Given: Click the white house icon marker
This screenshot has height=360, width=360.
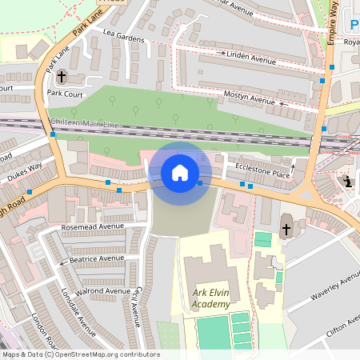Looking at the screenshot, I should click(x=180, y=172).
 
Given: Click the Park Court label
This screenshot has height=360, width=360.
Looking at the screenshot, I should click(x=66, y=93).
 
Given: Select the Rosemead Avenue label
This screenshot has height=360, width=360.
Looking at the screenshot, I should click(x=94, y=227).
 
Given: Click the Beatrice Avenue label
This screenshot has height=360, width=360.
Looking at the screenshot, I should click(x=97, y=258).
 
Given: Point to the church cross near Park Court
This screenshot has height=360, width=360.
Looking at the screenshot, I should click(x=62, y=77).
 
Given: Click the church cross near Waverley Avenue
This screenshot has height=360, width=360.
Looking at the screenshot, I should click(x=286, y=230).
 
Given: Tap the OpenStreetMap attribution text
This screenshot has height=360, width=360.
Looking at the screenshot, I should click(x=81, y=354).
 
